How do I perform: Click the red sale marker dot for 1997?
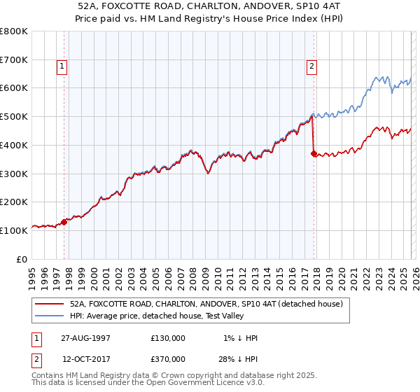click(x=64, y=222)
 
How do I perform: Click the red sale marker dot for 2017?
click(x=314, y=153)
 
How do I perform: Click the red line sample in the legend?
click(x=49, y=304)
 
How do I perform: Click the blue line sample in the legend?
click(x=49, y=316)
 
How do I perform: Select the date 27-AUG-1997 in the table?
click(x=85, y=338)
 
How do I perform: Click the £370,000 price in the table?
click(x=168, y=358)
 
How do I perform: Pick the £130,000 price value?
click(x=168, y=338)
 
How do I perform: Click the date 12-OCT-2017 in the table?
click(x=85, y=358)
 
